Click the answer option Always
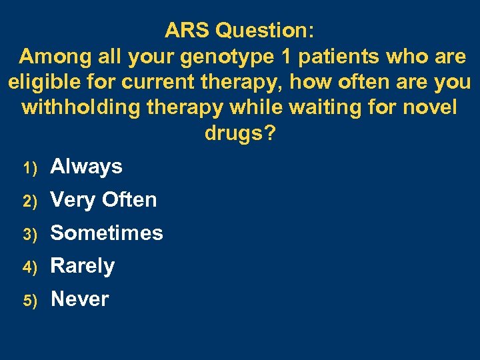(86, 167)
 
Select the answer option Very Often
(103, 200)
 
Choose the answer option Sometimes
(107, 233)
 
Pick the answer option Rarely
(83, 267)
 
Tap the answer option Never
(79, 299)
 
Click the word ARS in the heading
(188, 31)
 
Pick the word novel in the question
(430, 108)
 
